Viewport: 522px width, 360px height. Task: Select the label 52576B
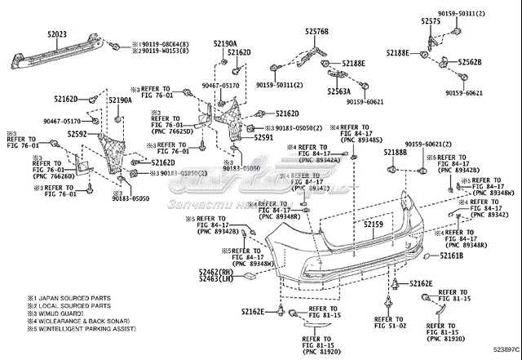coord(317,31)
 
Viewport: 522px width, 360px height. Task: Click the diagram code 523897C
coord(498,352)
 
